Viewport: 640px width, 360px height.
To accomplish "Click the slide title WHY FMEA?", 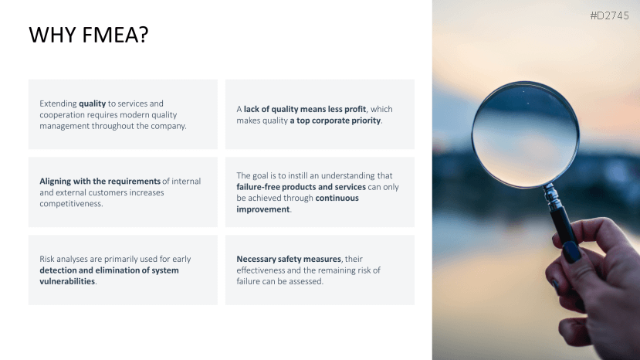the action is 89,35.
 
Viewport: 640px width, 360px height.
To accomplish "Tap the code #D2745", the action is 609,16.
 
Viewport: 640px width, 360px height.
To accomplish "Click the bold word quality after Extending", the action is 92,104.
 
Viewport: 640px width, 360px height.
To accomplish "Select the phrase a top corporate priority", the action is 335,121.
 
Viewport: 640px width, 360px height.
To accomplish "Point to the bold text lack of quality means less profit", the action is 305,109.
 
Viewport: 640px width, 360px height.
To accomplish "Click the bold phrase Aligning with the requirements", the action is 100,181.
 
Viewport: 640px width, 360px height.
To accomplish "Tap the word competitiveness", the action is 70,203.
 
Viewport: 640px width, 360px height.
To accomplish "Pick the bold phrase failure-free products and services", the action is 301,187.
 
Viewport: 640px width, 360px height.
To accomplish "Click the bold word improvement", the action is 262,209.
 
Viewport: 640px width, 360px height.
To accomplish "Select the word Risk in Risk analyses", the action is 47,259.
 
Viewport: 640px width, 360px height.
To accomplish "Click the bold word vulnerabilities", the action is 67,281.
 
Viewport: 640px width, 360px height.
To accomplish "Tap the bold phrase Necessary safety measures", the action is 289,259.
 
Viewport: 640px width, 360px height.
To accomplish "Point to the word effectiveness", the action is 260,270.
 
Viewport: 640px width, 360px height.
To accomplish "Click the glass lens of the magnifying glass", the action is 525,134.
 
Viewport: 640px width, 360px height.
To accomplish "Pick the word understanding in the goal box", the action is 347,175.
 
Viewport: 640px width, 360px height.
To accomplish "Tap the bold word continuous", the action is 337,198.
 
